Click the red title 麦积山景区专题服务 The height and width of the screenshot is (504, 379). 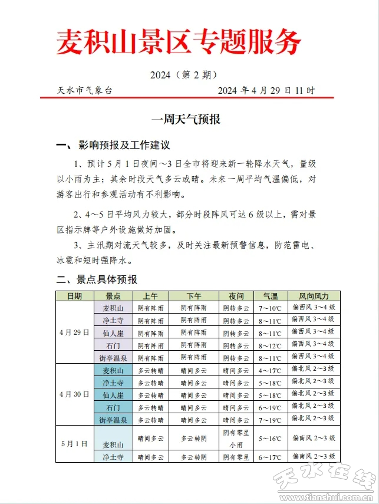tap(178, 42)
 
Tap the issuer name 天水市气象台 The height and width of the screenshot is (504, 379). tap(84, 90)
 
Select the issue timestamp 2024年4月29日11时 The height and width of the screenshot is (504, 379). tap(266, 90)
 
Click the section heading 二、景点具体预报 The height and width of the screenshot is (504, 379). tap(96, 279)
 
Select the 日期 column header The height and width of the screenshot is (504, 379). tap(75, 296)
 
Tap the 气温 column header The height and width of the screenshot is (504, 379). tap(270, 296)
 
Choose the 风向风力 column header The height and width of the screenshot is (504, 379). tap(314, 296)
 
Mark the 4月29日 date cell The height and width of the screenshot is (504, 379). tap(75, 332)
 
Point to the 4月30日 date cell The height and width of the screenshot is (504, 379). tap(75, 394)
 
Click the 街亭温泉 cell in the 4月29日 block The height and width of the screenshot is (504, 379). tap(113, 357)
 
